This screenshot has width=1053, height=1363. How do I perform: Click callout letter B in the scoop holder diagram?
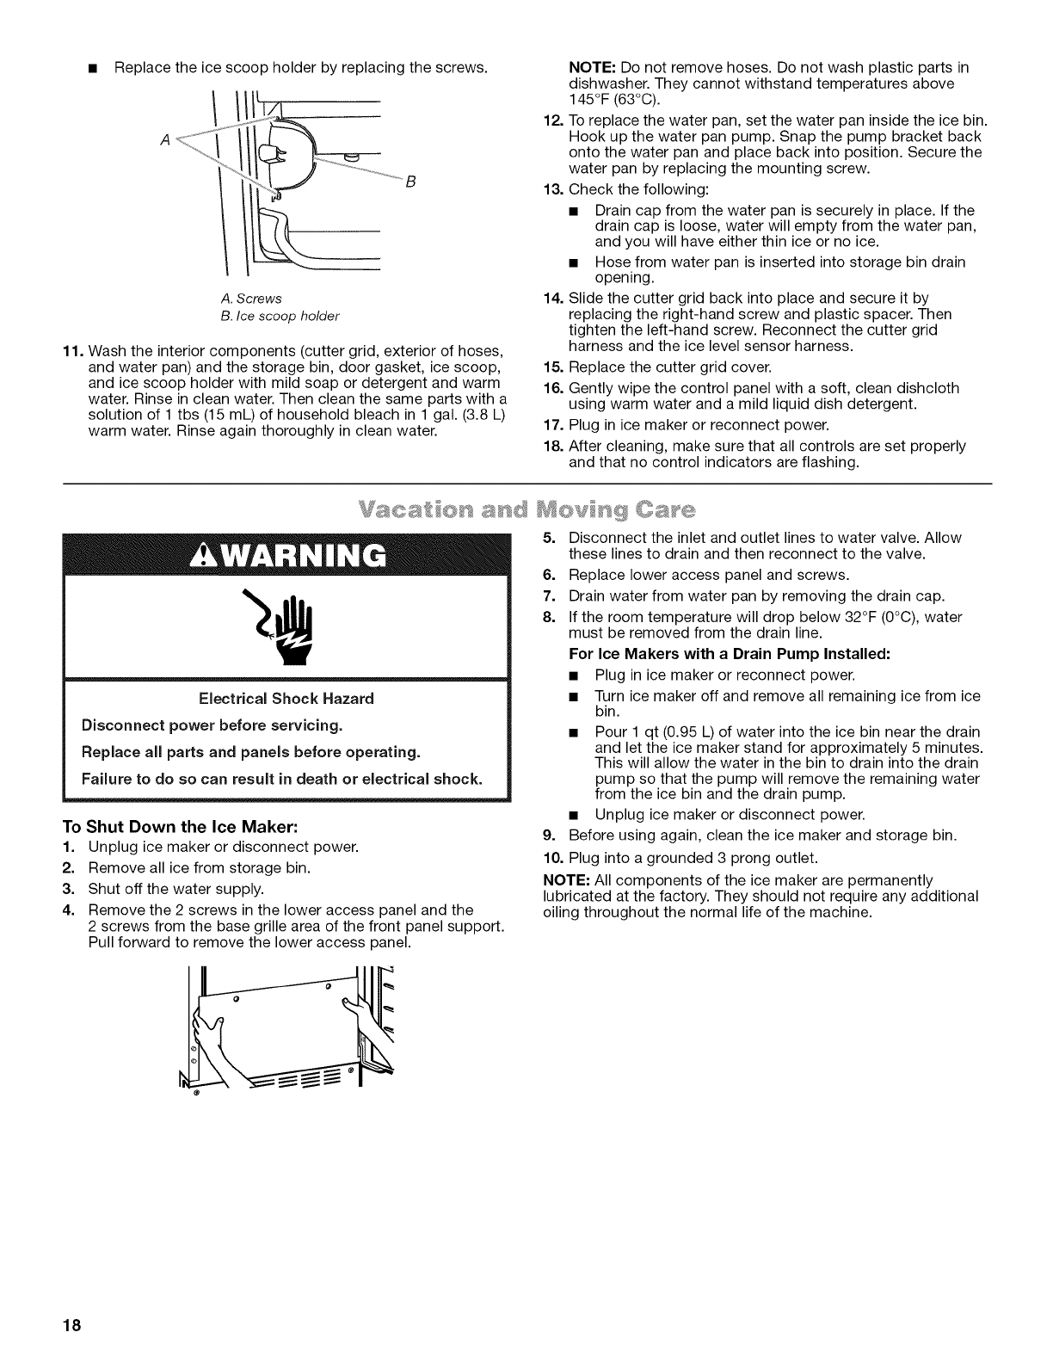coord(411,182)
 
